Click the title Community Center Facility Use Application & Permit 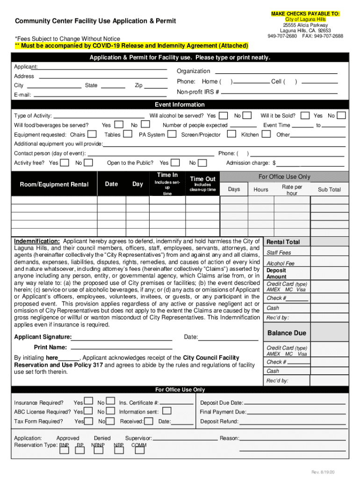pyautogui.click(x=95, y=21)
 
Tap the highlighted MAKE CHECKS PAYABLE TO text pyautogui.click(x=305, y=14)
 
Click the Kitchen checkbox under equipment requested pyautogui.click(x=266, y=135)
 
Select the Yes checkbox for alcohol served pyautogui.click(x=223, y=116)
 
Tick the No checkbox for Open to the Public pyautogui.click(x=202, y=163)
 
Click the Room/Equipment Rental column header pyautogui.click(x=54, y=184)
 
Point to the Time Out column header pyautogui.click(x=202, y=179)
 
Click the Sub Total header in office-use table pyautogui.click(x=329, y=189)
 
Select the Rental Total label pyautogui.click(x=283, y=242)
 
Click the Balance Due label pyautogui.click(x=287, y=333)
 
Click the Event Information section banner pyautogui.click(x=180, y=104)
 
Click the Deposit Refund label pyautogui.click(x=219, y=421)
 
